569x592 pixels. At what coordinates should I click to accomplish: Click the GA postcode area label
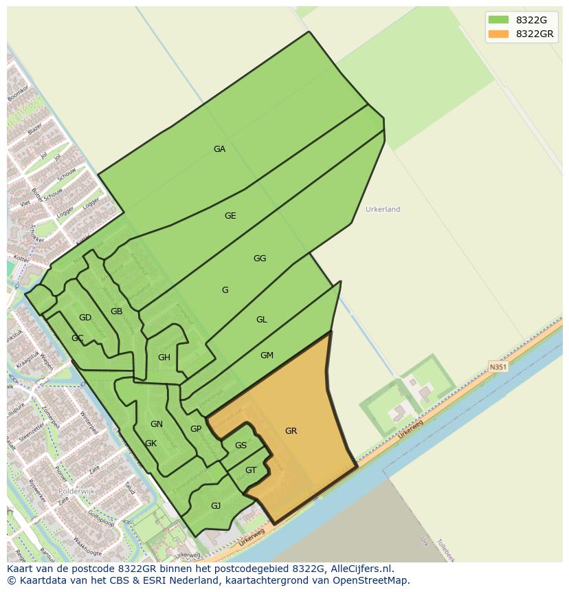[x=219, y=149]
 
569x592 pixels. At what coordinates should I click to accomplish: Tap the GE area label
[x=230, y=216]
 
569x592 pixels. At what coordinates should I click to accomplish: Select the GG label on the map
[x=260, y=259]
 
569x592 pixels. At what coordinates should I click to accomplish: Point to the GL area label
[x=262, y=320]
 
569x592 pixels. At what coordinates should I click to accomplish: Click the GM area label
[x=267, y=355]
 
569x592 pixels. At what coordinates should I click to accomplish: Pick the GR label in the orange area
[x=291, y=431]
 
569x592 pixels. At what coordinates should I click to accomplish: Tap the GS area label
[x=241, y=446]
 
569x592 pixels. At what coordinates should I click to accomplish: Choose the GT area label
[x=251, y=470]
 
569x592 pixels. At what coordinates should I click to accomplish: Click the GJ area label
[x=216, y=506]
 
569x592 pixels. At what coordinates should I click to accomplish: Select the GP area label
[x=196, y=429]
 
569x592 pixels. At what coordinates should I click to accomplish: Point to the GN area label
[x=157, y=424]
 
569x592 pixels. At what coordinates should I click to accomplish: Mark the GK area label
[x=151, y=443]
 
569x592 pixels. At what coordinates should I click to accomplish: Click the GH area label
[x=164, y=358]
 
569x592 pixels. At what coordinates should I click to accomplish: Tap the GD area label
[x=85, y=318]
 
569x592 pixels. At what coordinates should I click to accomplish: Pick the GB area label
[x=117, y=311]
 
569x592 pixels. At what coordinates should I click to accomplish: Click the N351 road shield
[x=498, y=367]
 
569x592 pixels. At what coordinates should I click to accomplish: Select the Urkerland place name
[x=383, y=209]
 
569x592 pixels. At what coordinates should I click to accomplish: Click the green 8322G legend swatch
[x=498, y=19]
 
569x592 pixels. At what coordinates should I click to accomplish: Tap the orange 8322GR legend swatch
[x=498, y=34]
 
